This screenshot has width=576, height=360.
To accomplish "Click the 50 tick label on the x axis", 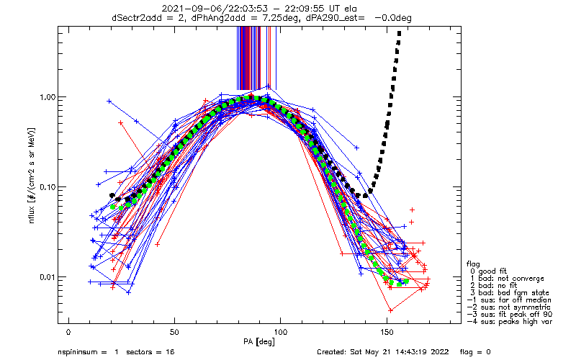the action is click(174, 332).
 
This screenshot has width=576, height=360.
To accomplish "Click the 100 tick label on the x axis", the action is click(280, 332).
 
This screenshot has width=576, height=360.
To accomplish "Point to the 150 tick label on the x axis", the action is click(387, 332).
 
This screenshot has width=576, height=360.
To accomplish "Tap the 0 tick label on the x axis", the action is click(68, 332).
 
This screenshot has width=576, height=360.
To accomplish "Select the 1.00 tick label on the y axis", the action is click(47, 97).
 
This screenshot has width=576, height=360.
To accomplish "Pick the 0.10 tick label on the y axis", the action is click(47, 187).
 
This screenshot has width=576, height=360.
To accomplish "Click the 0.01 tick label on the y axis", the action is click(47, 277).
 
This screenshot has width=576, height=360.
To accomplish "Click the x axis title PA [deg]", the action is click(259, 342).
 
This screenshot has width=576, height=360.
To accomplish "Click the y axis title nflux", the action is click(31, 212).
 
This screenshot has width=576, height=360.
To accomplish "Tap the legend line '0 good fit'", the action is click(489, 271).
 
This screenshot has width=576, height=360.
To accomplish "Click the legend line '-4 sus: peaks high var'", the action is click(510, 322).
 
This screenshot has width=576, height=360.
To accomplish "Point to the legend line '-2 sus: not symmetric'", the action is click(509, 307).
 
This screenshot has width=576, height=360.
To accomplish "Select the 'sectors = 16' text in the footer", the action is click(150, 352).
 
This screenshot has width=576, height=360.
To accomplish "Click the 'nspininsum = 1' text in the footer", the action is click(88, 352).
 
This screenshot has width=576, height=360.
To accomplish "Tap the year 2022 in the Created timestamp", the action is click(439, 352).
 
